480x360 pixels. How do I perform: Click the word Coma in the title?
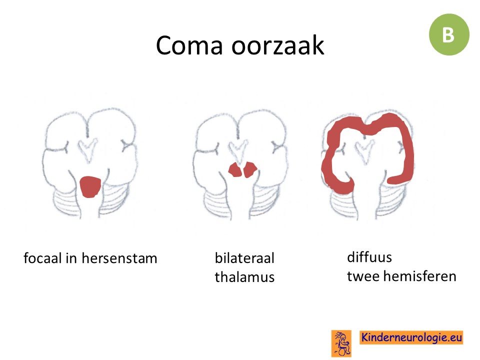189,45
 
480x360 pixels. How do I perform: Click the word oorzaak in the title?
277,46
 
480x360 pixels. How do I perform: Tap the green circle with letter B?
449,34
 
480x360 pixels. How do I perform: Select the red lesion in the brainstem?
90,186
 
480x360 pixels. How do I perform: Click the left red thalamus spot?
235,170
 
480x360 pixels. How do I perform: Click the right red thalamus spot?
250,170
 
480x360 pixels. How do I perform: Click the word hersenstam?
119,258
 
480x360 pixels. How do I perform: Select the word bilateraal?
244,258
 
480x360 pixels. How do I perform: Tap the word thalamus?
244,277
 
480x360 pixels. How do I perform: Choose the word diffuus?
369,257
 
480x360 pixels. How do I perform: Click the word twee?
363,276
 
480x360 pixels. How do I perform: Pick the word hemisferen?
419,276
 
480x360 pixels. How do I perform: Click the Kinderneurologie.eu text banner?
411,337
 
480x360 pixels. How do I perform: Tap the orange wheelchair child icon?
341,343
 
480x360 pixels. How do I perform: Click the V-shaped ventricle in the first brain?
88,150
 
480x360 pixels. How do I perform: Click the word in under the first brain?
72,258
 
